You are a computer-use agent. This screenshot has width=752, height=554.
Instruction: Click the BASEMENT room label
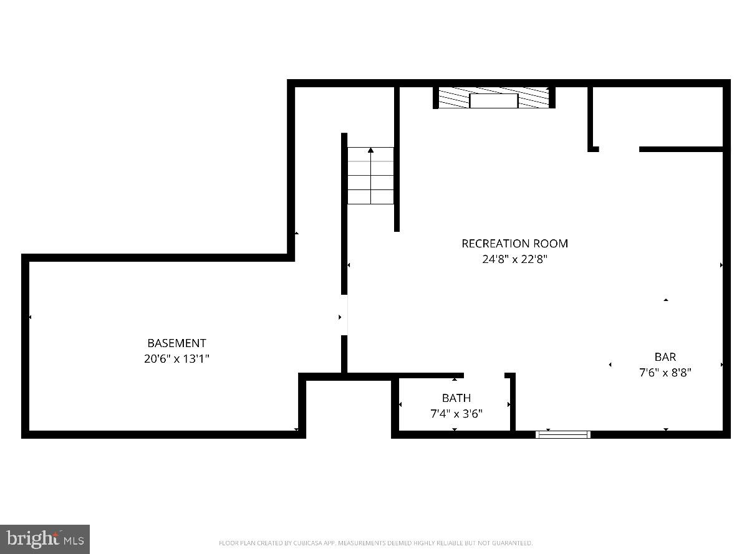[x=176, y=343]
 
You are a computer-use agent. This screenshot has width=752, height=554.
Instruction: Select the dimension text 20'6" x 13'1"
[x=176, y=359]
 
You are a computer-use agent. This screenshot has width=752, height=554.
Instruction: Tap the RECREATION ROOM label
[x=514, y=243]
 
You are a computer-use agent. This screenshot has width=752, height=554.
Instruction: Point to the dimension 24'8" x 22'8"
[x=514, y=259]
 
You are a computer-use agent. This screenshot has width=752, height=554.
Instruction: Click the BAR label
[x=665, y=357]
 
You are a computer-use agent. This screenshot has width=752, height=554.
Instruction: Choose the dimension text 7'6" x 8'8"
[x=665, y=373]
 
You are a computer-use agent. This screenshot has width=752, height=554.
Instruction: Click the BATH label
[x=456, y=398]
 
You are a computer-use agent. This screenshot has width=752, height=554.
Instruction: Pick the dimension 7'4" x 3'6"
[x=456, y=413]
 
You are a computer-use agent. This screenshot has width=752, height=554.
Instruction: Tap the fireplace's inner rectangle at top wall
[x=493, y=100]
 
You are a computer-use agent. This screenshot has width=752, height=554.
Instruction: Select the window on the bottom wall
[x=563, y=434]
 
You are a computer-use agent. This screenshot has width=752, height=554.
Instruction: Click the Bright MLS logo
[x=45, y=539]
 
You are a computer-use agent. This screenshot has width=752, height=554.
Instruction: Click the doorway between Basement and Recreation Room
[x=344, y=315]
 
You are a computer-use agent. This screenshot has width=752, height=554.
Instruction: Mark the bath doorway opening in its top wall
[x=484, y=375]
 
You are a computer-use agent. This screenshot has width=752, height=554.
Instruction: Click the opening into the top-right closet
[x=619, y=150]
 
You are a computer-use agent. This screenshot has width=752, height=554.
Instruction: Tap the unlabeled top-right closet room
[x=657, y=117]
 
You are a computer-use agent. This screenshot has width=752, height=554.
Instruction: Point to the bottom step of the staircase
[x=370, y=197]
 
